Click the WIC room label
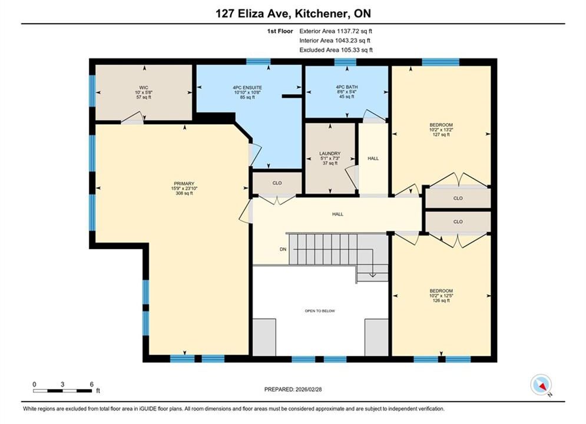(x=144, y=88)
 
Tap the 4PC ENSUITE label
(x=247, y=88)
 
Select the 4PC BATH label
(x=347, y=87)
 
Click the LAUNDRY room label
(x=330, y=154)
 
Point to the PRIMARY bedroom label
(x=184, y=184)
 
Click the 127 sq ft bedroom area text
(x=441, y=134)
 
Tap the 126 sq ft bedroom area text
(x=441, y=300)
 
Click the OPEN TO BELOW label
(x=320, y=311)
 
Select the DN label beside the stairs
(x=283, y=249)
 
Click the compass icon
(x=541, y=385)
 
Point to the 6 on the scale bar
(x=91, y=384)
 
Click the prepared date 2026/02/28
(x=309, y=389)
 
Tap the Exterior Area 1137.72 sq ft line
(x=336, y=31)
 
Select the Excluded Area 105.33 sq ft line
(x=336, y=49)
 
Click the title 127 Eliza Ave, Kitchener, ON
(x=293, y=14)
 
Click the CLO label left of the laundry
(x=277, y=183)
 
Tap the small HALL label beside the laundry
(x=373, y=158)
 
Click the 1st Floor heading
(x=280, y=31)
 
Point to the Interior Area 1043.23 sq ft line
(x=335, y=41)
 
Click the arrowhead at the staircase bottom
(x=373, y=276)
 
